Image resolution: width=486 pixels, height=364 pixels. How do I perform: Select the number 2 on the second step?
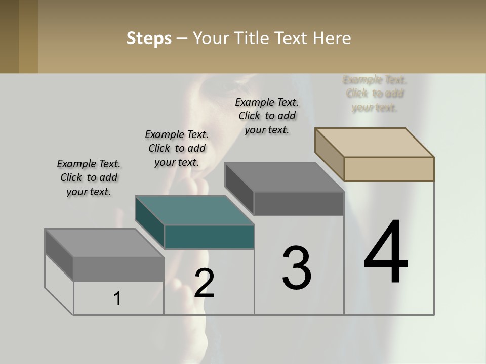204,283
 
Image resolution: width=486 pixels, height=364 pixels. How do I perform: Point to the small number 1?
117,298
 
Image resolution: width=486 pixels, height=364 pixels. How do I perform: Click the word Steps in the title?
149,38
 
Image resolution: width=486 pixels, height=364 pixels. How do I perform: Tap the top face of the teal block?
195,210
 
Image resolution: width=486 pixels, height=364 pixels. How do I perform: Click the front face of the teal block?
209,237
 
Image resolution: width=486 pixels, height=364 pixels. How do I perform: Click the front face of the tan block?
389,169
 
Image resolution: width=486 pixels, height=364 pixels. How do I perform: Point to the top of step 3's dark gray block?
285,177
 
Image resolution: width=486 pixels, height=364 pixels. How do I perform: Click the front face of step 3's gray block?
299,204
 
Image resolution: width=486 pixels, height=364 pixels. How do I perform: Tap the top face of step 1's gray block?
104,243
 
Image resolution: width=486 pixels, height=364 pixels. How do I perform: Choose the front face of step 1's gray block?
118,269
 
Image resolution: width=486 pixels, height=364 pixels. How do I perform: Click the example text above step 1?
89,177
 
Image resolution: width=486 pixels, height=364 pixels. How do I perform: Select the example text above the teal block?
177,148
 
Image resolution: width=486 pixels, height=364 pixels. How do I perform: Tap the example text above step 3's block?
267,116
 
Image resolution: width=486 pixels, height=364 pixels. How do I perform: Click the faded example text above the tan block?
375,94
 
